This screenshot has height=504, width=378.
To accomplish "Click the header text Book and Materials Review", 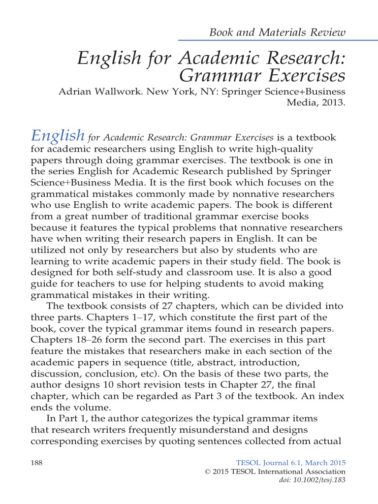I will pyautogui.click(x=278, y=33).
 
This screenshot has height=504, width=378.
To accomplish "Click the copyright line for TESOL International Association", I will pyautogui.click(x=275, y=472).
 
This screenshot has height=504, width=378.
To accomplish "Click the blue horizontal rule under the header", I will pyautogui.click(x=262, y=40).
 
